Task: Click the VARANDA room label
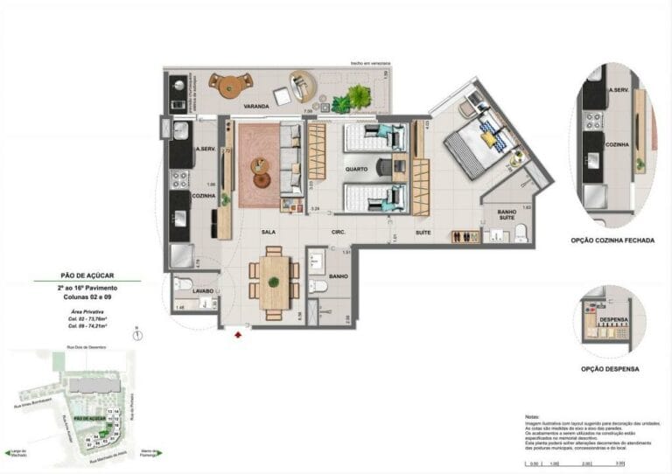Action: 256,106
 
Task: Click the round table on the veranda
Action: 234,85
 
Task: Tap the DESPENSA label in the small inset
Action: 613,320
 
